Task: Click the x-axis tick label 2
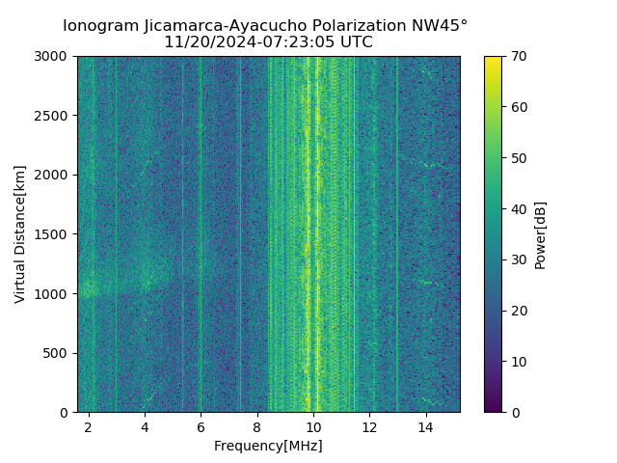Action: coord(89,426)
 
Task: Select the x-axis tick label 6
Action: coord(201,426)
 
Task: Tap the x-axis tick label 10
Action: coord(313,426)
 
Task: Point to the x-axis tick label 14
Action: coord(425,426)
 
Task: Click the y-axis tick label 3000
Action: coord(54,57)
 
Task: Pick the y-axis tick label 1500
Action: coord(54,234)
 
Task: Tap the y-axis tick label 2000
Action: coord(54,176)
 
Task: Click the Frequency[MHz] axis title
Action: coord(268,446)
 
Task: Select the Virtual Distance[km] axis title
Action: coord(20,234)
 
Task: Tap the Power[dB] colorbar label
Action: coord(541,234)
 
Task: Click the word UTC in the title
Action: coord(356,42)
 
